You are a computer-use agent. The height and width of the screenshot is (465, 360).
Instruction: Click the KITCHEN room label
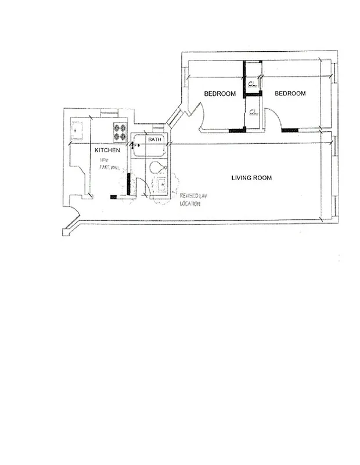107,150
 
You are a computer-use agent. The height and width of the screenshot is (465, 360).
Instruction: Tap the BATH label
154,139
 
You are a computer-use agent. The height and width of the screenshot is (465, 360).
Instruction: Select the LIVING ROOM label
251,178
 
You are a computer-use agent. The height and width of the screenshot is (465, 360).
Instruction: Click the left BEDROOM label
219,94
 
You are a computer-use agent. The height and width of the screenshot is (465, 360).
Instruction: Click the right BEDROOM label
290,94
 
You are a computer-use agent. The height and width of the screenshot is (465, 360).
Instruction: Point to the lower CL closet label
253,112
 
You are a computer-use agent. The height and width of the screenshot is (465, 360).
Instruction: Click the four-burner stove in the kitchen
120,133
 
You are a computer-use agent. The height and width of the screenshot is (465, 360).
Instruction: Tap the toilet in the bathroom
156,168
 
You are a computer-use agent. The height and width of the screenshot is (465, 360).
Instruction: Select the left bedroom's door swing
199,116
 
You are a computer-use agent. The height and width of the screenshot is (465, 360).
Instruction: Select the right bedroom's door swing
273,120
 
